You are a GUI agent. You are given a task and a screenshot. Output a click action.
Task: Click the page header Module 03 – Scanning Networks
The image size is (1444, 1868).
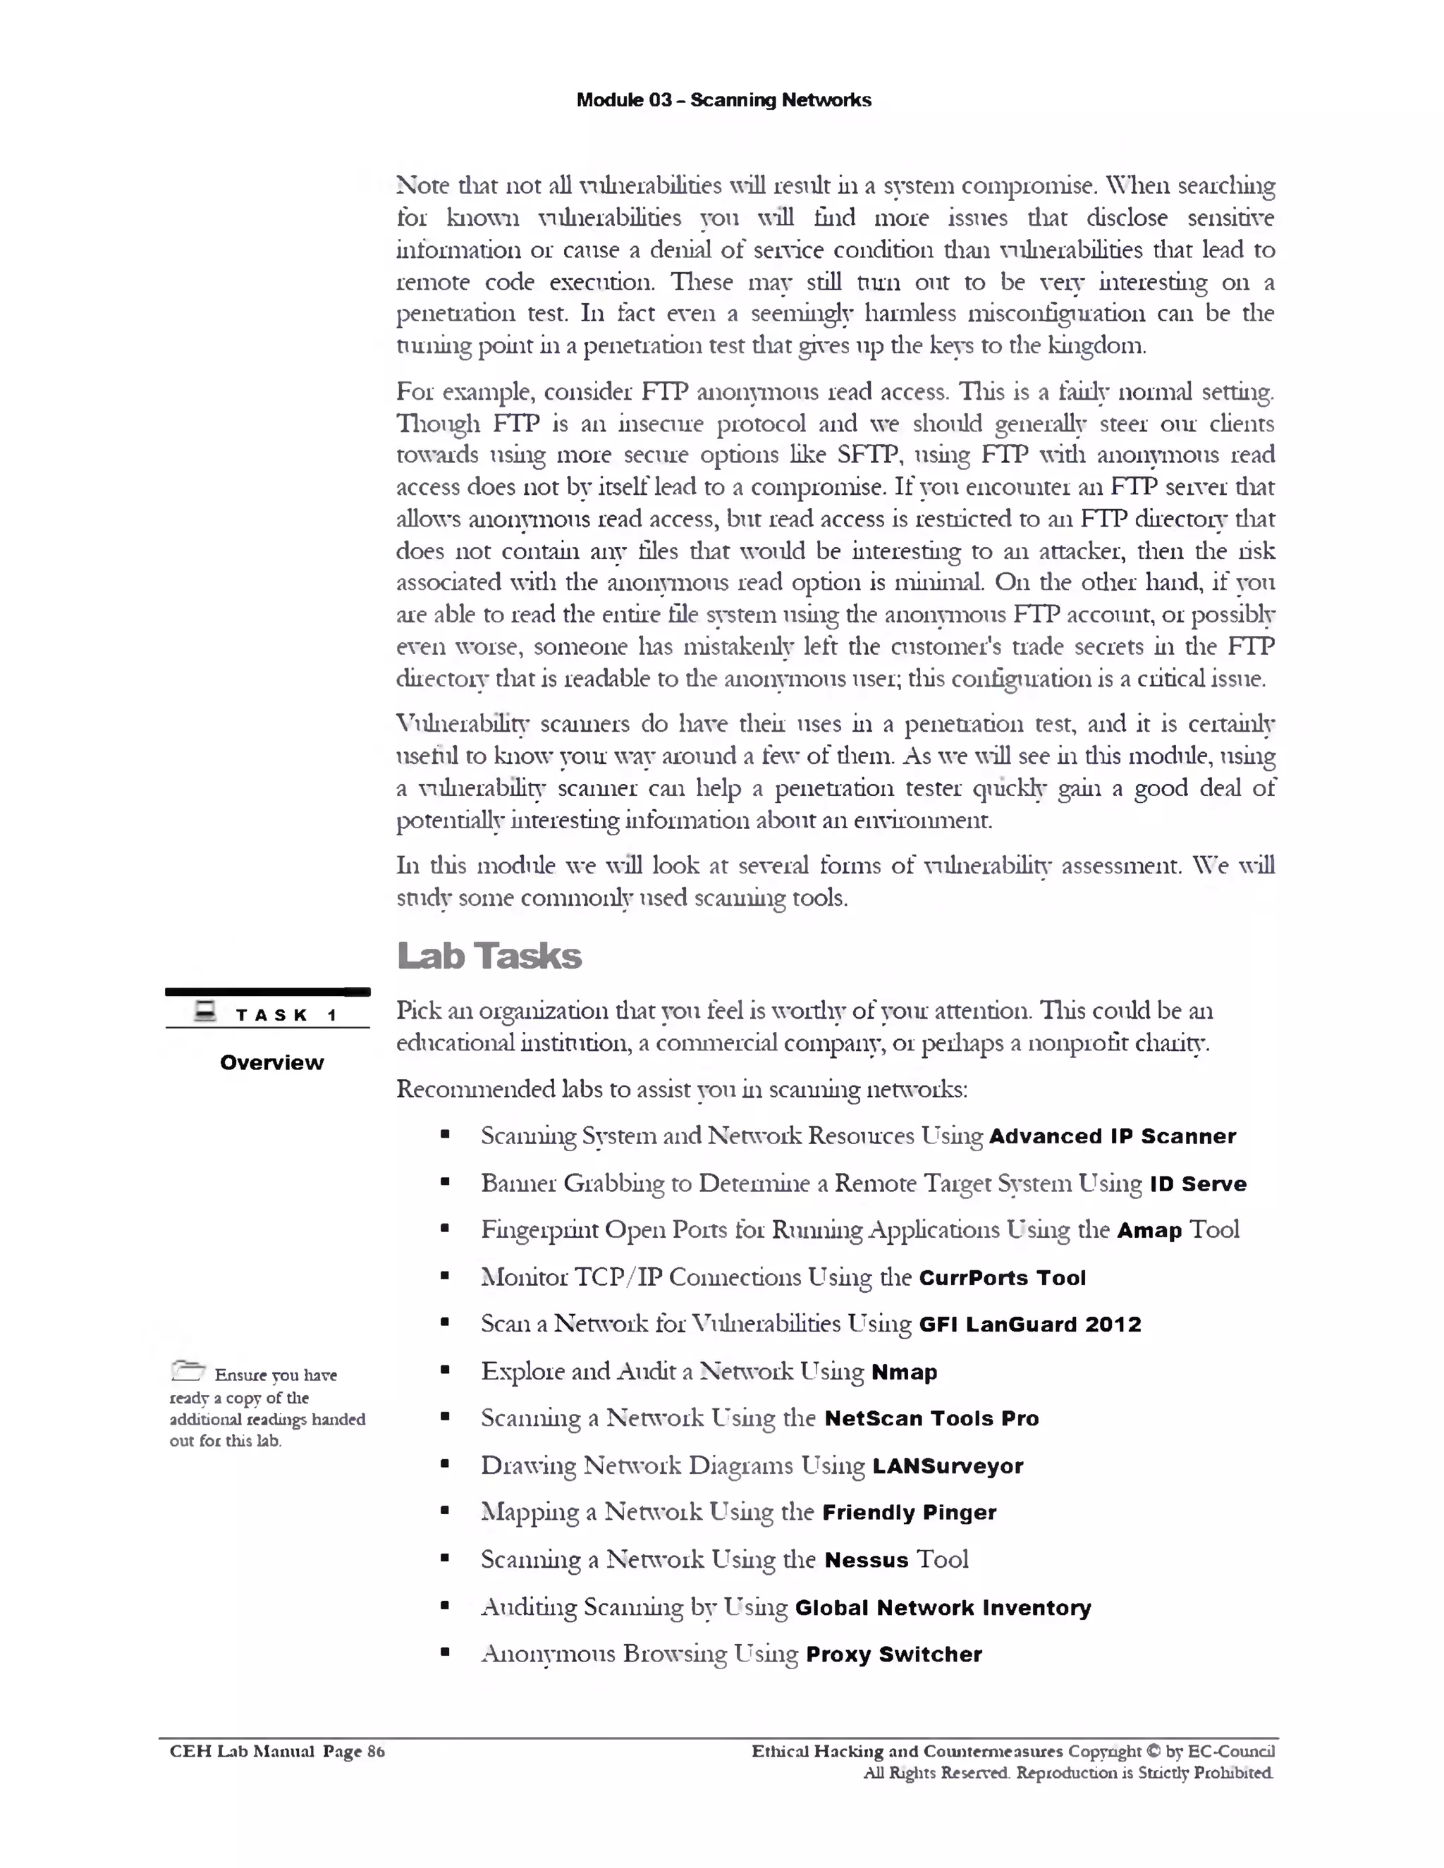(x=723, y=100)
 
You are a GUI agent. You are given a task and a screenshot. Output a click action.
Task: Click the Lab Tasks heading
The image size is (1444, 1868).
(x=489, y=957)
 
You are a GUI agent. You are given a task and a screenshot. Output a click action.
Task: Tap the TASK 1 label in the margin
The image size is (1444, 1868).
(x=286, y=1015)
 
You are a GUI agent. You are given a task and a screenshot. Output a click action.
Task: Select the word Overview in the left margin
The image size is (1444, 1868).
(x=271, y=1062)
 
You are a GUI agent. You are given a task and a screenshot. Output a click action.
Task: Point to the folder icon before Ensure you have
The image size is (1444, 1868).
(x=188, y=1371)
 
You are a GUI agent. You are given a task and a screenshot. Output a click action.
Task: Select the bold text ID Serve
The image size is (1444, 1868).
(x=1198, y=1184)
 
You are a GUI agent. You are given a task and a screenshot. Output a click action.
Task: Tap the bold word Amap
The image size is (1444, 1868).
(x=1149, y=1231)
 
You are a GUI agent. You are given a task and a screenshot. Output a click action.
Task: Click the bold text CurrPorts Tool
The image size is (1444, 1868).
(x=1002, y=1278)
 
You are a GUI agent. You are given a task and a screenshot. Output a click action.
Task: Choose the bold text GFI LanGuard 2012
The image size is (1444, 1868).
(x=1029, y=1325)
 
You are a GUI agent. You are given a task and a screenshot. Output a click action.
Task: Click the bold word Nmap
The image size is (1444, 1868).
(x=903, y=1372)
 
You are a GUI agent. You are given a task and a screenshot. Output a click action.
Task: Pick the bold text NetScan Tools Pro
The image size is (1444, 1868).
(x=931, y=1418)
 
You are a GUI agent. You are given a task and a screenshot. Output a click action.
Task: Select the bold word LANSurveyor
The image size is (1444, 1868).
(x=947, y=1466)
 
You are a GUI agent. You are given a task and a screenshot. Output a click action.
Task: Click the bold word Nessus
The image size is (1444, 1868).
(x=866, y=1560)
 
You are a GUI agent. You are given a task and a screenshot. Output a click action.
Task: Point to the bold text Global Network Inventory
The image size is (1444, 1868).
(x=943, y=1608)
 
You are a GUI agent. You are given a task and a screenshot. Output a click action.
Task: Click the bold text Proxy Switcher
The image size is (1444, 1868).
(x=893, y=1654)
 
